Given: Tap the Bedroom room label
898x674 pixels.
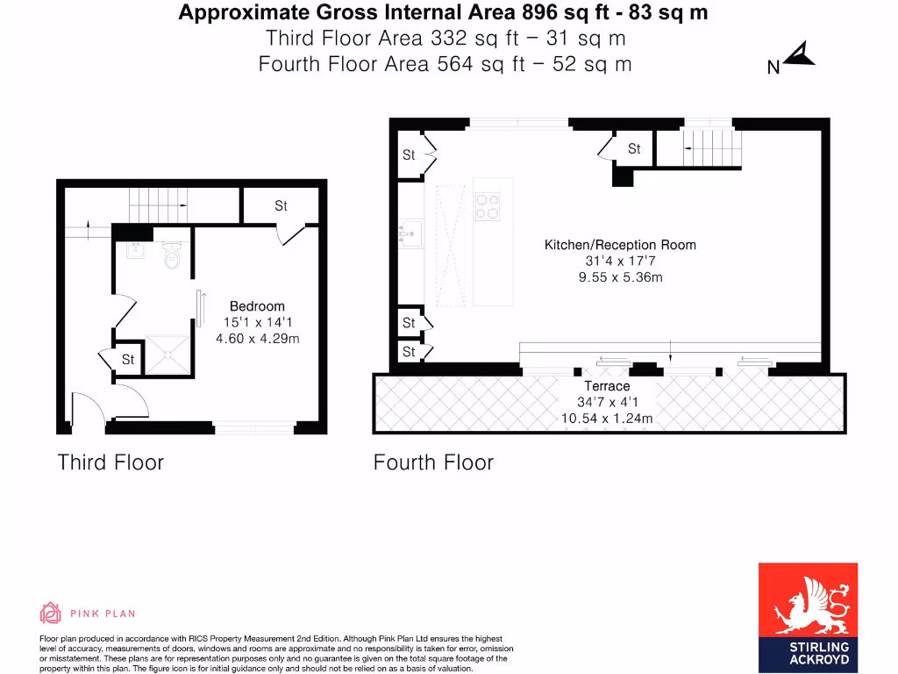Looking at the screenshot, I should pos(257,306).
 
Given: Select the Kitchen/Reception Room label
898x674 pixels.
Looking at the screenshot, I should pos(620,245).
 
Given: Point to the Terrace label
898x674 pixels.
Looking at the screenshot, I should pos(607,386).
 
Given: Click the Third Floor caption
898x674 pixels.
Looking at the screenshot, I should pos(110,462).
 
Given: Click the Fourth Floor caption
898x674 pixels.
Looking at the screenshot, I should pos(433,462).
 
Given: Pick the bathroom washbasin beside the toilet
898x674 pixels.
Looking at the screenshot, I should pos(136,251).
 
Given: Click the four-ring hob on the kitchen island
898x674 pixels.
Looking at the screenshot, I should pos(487,206).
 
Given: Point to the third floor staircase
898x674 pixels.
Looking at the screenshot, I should pos(158,206).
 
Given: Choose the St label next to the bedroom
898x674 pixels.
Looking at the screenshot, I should pos(281,206).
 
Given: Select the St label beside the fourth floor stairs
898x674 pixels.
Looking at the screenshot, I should pos(634,149).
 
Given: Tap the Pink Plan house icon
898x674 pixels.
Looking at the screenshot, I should pos(50,613).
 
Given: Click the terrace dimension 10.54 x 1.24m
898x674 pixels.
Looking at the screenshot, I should pos(607,419).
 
